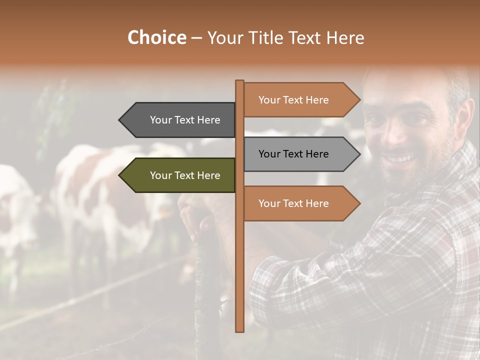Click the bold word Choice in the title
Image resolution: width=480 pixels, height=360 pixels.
(x=156, y=37)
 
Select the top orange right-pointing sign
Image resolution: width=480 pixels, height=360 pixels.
(x=295, y=100)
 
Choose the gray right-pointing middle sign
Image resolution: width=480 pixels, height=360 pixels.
(x=295, y=154)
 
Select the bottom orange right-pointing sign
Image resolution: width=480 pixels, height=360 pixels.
(x=295, y=203)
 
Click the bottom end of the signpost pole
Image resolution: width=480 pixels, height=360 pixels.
(x=240, y=329)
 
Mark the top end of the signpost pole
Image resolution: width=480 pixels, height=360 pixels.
(x=240, y=82)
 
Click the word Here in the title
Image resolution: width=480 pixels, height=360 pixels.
(x=345, y=37)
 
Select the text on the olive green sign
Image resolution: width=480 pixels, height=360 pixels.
(x=185, y=175)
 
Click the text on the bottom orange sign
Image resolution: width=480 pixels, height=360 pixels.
(x=293, y=203)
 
